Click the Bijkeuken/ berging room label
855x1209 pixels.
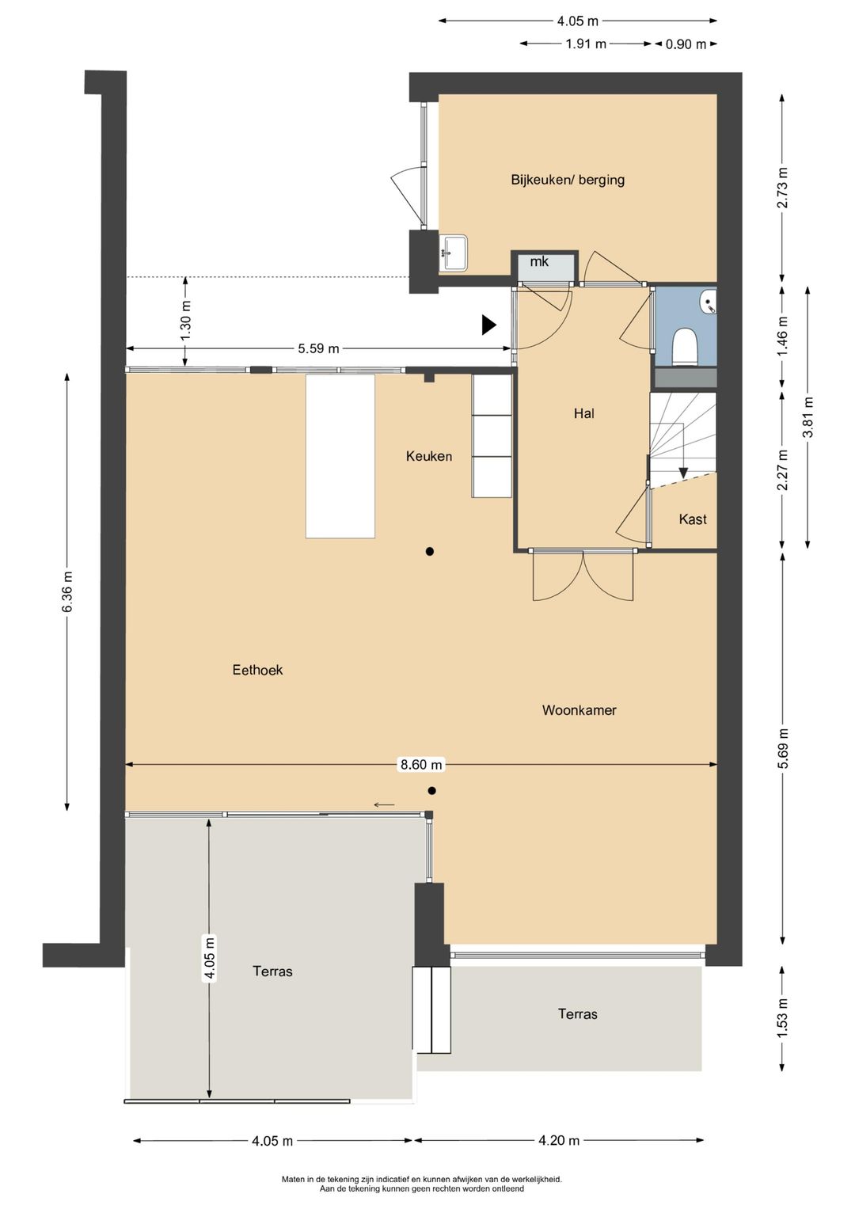click(568, 180)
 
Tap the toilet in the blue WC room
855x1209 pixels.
click(684, 347)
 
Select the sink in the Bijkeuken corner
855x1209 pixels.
click(454, 253)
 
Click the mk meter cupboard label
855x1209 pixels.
click(540, 261)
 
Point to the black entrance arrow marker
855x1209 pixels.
click(488, 325)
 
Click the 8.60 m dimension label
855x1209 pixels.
click(421, 764)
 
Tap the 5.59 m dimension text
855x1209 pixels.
click(318, 348)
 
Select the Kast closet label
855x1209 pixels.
click(693, 519)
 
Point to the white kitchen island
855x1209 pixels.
click(340, 457)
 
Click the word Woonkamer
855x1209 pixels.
click(579, 710)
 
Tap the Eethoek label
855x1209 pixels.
click(257, 670)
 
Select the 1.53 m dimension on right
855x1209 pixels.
click(782, 1019)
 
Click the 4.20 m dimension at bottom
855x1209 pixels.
click(559, 1140)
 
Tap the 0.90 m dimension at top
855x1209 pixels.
click(686, 44)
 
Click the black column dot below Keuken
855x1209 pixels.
click(429, 551)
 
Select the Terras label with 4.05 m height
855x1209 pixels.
click(272, 971)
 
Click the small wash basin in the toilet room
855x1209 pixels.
click(709, 302)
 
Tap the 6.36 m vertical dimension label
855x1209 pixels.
click(67, 591)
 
